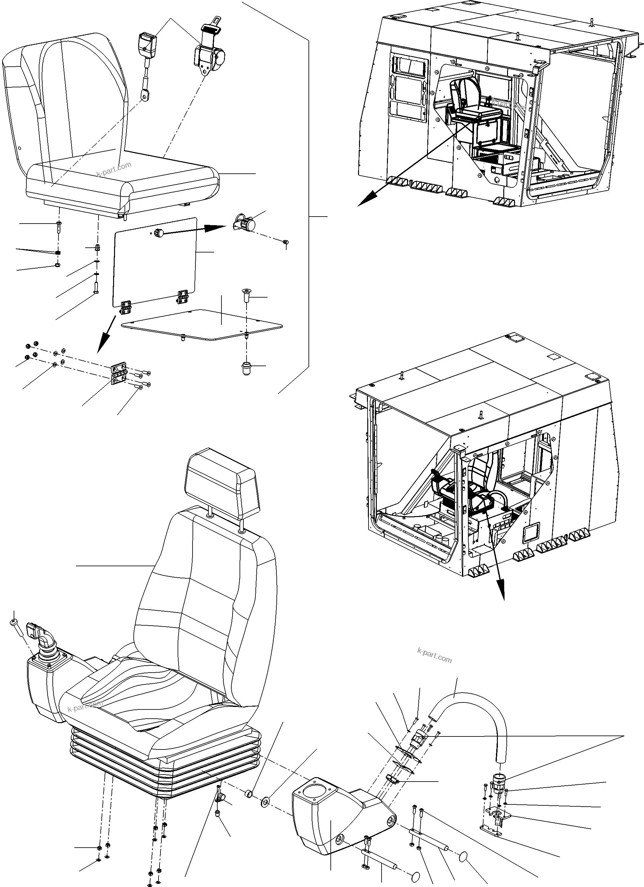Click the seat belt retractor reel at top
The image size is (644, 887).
[x=208, y=55]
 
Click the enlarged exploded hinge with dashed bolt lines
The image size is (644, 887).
[x=119, y=375]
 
